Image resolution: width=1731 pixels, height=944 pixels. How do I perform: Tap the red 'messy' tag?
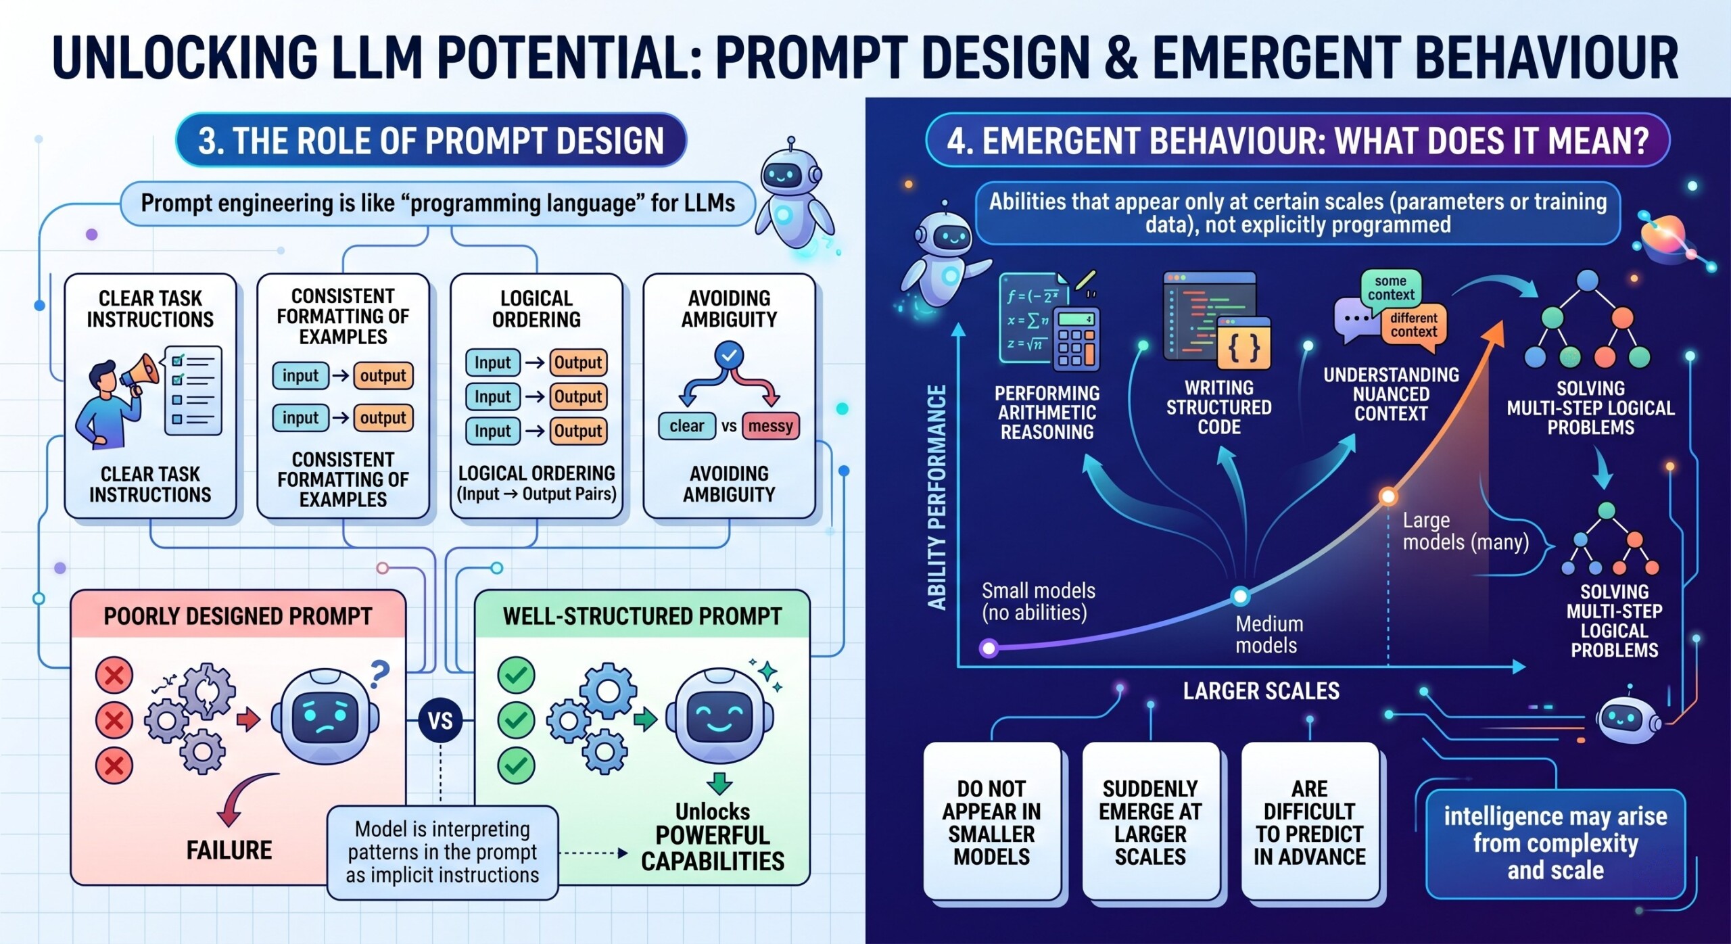[770, 426]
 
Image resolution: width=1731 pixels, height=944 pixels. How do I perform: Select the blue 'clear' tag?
[686, 426]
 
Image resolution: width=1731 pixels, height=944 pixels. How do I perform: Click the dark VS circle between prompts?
[440, 720]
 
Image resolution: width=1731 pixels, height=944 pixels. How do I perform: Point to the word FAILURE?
[229, 850]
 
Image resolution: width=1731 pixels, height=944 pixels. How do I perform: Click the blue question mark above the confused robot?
[380, 674]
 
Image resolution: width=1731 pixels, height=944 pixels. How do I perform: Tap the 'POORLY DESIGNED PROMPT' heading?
[238, 616]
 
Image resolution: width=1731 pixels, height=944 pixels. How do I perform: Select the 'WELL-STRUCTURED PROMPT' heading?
[642, 616]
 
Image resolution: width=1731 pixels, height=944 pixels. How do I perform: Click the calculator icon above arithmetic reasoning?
[1076, 339]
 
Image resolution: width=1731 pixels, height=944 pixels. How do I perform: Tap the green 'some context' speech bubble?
[1391, 288]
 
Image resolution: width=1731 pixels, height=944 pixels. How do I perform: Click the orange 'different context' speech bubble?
[1413, 326]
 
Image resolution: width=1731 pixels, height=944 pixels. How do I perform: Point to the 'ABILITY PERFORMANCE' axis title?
[936, 497]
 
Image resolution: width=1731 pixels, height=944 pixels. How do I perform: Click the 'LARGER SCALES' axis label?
[1261, 691]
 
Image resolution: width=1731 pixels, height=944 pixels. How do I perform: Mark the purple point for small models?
[989, 648]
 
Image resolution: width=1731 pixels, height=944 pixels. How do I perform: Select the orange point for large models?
[1388, 497]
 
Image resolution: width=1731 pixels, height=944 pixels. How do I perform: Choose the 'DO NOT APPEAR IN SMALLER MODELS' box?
[991, 822]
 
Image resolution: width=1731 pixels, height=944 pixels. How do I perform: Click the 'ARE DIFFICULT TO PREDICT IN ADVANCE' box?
[1309, 822]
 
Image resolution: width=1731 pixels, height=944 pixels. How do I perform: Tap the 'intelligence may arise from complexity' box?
[1555, 843]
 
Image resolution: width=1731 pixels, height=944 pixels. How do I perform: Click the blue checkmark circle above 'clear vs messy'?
[729, 355]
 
